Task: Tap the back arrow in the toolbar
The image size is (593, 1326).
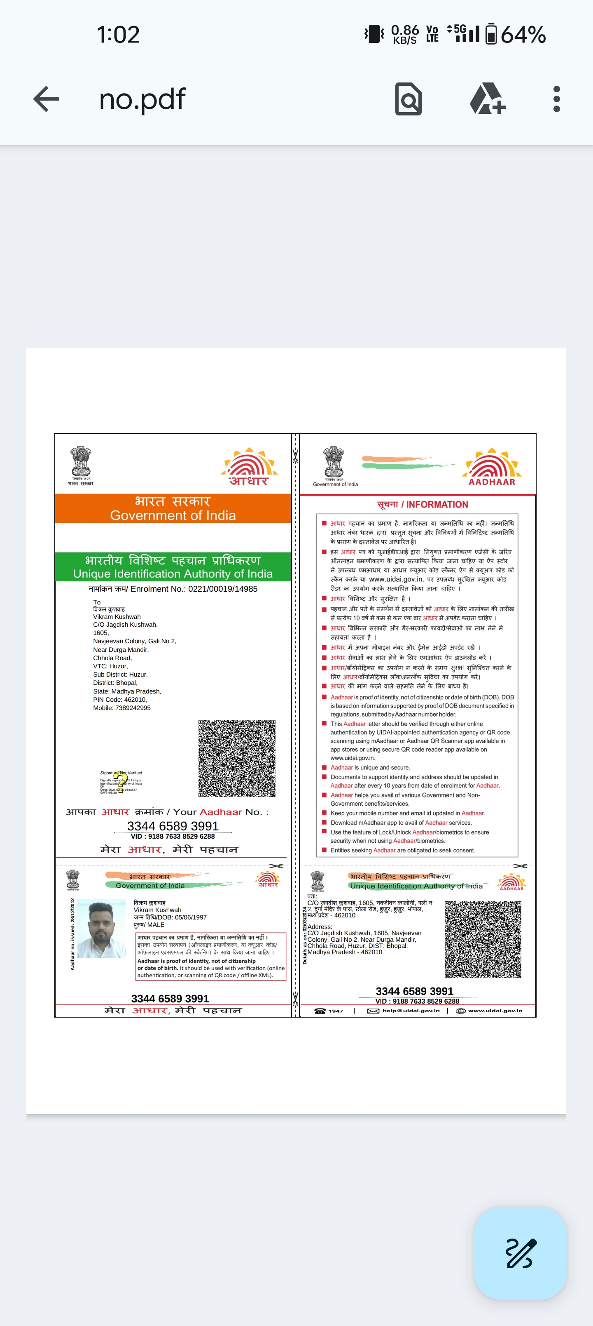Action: pos(46,99)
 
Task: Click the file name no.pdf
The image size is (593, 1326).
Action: pos(142,99)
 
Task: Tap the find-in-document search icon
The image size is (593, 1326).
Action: pos(409,99)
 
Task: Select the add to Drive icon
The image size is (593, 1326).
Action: pos(487,99)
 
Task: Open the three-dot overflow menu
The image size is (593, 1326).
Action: pos(556,99)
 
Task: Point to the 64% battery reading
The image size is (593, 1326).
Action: pos(523,35)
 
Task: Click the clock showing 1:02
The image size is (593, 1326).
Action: pos(118,35)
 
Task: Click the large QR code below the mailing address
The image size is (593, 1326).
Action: pos(237,758)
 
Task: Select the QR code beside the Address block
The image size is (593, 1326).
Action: pos(483,939)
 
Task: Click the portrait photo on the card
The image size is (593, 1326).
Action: pos(101,929)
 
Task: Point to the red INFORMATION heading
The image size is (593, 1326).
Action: pos(423,504)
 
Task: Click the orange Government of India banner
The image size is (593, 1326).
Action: pos(173,508)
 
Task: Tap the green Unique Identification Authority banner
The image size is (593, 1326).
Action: pos(173,567)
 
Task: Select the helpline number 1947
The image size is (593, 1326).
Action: pos(335,1011)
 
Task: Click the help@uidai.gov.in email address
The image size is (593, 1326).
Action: pos(411,1011)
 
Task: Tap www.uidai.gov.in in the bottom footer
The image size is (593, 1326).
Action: pos(495,1011)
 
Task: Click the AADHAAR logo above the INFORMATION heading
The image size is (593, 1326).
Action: pos(492,466)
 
